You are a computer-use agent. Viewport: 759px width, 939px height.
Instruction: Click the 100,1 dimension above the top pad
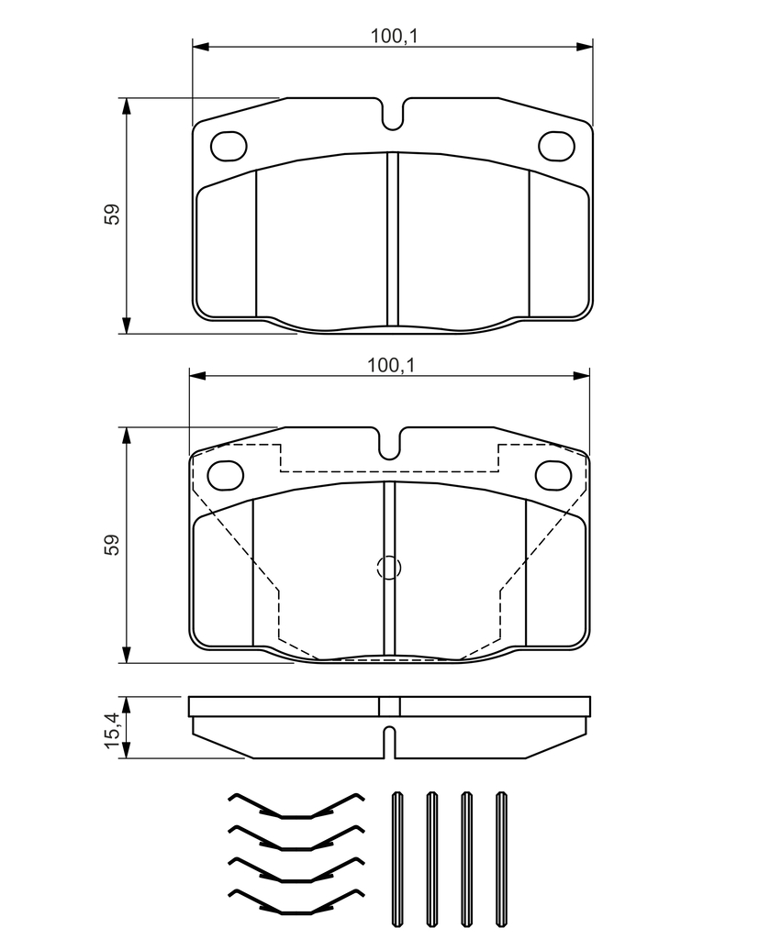coord(394,36)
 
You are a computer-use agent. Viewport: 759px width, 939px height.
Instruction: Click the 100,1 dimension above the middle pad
coord(391,365)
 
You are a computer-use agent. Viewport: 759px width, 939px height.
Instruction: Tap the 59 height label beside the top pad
coord(112,215)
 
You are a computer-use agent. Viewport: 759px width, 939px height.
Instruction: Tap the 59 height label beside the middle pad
coord(112,545)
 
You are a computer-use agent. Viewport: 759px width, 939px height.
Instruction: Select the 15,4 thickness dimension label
coord(113,729)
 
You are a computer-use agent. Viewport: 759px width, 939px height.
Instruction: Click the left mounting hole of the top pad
coord(229,146)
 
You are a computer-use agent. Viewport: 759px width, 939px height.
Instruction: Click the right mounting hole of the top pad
coord(556,146)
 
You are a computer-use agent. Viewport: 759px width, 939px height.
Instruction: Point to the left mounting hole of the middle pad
coord(226,476)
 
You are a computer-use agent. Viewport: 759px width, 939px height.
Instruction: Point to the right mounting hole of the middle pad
coord(553,476)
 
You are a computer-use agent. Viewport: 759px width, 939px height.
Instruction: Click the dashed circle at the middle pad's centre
coord(388,568)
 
